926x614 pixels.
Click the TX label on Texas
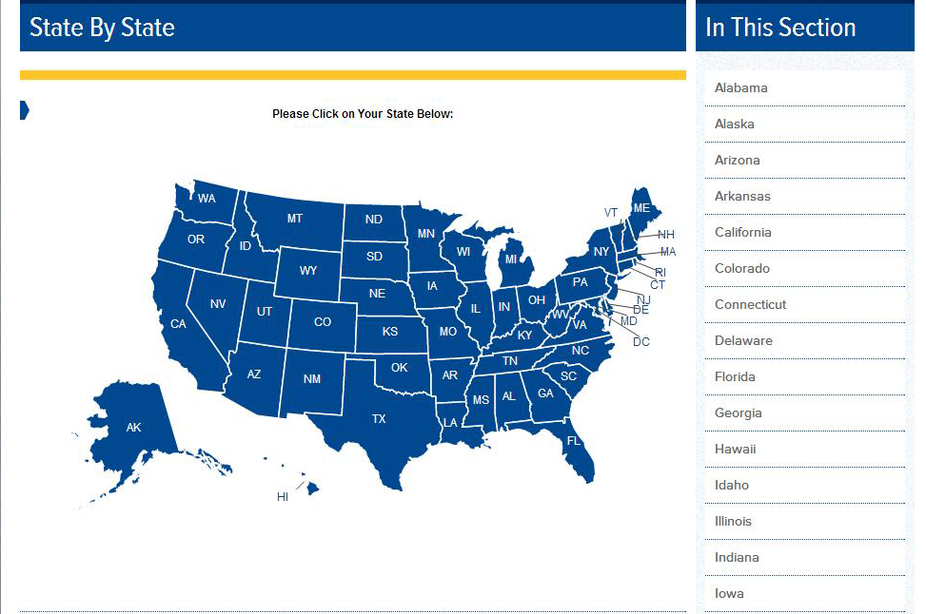[x=379, y=419]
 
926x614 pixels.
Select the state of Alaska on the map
[x=134, y=428]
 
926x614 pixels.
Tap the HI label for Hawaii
[x=283, y=497]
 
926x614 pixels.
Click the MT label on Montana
[x=295, y=219]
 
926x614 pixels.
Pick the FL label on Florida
[x=574, y=441]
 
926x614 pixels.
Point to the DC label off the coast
[x=641, y=341]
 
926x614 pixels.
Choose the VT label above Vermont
[x=611, y=212]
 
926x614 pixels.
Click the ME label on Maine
[x=641, y=208]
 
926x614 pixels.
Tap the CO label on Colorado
[x=323, y=322]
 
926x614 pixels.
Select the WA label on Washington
[x=207, y=199]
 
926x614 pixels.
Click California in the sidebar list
[x=743, y=232]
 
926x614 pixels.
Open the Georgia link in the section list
[x=739, y=413]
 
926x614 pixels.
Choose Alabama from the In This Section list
[x=741, y=87]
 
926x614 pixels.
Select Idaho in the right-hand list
[x=732, y=485]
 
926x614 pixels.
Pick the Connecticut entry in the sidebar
[x=751, y=304]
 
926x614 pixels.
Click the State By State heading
[x=103, y=28]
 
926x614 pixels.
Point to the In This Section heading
[x=780, y=28]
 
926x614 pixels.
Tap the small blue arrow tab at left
[x=25, y=110]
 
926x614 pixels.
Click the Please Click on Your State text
[x=363, y=114]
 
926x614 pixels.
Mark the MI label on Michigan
[x=512, y=259]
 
